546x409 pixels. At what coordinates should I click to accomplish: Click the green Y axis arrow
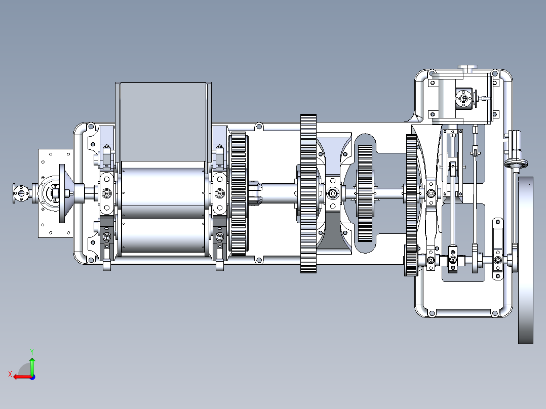pyautogui.click(x=32, y=366)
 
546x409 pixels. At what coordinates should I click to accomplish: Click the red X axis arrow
pyautogui.click(x=23, y=377)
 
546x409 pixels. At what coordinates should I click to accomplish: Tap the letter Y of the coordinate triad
pyautogui.click(x=32, y=352)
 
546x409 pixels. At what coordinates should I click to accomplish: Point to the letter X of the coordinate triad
pyautogui.click(x=10, y=374)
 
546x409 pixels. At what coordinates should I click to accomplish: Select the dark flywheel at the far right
pyautogui.click(x=525, y=260)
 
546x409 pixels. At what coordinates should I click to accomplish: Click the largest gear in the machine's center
pyautogui.click(x=308, y=193)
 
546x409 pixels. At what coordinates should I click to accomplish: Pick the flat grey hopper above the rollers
pyautogui.click(x=163, y=122)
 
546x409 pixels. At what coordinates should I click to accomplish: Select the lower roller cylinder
pyautogui.click(x=163, y=236)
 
